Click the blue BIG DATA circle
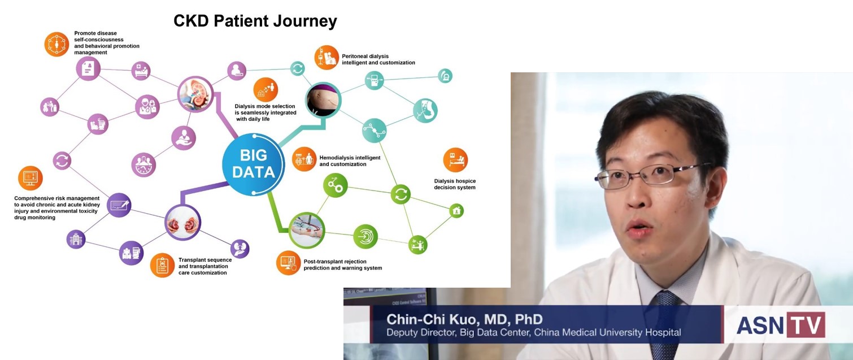253,164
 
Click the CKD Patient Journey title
255,21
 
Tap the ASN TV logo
781,324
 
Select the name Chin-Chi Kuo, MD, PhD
464,319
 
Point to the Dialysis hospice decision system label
455,184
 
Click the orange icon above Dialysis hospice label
455,160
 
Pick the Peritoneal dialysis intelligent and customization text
378,59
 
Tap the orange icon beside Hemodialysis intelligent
304,159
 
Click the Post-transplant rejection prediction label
342,264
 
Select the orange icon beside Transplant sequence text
162,265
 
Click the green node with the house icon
456,211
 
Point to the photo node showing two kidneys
183,223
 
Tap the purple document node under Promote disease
88,68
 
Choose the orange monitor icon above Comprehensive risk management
31,178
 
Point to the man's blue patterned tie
664,324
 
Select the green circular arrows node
401,194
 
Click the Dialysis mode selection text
265,112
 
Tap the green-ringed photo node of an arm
307,231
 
